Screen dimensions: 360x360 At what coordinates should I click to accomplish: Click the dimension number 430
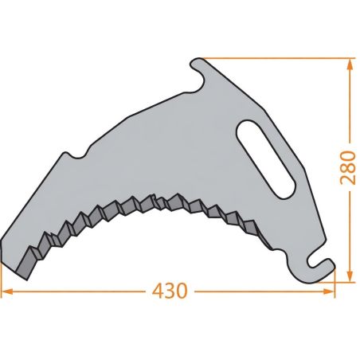[x=170, y=291]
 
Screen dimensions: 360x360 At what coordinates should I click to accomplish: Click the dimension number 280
[x=348, y=167]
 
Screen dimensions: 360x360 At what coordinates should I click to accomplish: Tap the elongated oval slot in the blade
[x=265, y=159]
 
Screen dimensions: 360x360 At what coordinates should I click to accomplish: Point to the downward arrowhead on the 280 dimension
[x=350, y=276]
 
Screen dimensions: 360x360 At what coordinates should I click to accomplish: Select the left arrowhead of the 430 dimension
[x=7, y=292]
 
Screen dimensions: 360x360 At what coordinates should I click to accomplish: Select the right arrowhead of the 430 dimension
[x=329, y=292]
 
